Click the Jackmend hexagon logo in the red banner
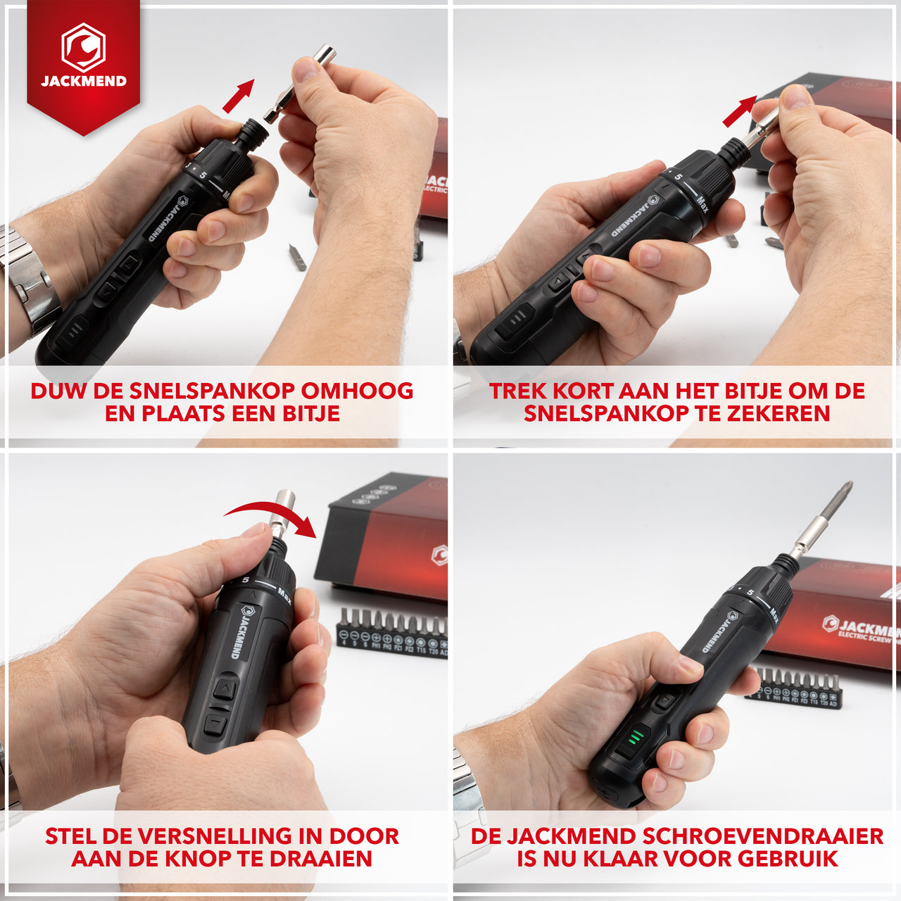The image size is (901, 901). [83, 47]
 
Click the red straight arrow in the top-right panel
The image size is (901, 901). [739, 111]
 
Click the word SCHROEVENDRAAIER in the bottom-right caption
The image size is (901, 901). [763, 836]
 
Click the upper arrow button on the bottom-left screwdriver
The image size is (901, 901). [225, 686]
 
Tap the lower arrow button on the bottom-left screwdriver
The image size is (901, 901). [215, 724]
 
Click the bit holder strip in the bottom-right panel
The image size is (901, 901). [795, 688]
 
